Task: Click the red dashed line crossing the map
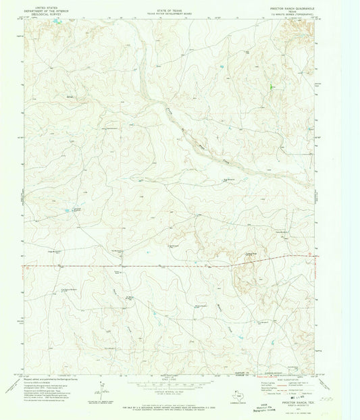169,265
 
